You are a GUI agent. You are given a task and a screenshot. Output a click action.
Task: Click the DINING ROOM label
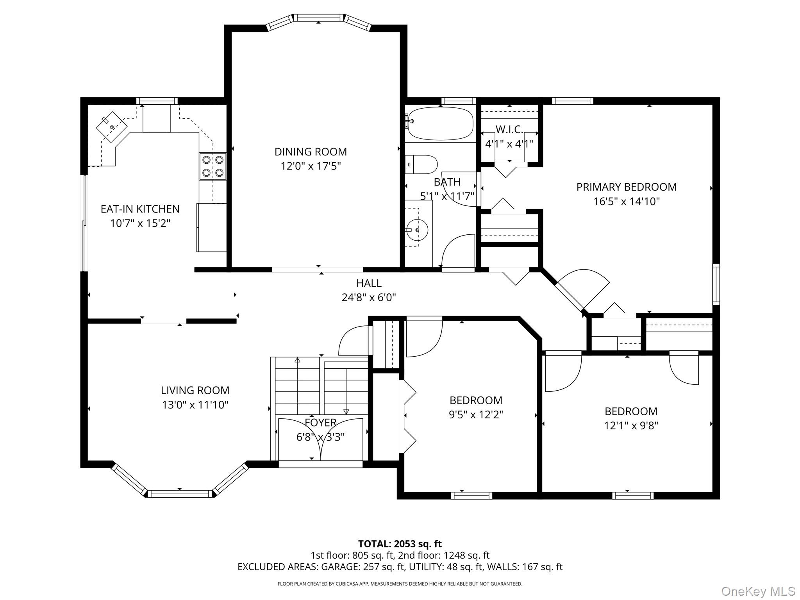(311, 152)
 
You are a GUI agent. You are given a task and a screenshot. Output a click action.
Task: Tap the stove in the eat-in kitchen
(213, 166)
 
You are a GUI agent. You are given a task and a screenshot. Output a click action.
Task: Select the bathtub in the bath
(440, 123)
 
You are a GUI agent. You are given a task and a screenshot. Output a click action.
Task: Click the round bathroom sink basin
(417, 230)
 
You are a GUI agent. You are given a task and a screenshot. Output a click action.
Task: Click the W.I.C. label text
(509, 130)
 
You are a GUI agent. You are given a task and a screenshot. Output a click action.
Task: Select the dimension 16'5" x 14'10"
(627, 202)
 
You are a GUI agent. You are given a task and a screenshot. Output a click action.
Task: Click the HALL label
(369, 283)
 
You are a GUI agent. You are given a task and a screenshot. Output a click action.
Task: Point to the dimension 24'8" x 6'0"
(369, 298)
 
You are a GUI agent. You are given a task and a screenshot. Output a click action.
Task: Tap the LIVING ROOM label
(195, 390)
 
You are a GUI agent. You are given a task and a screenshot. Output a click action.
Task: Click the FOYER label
(320, 423)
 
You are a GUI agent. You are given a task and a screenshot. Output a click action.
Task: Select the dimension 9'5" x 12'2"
(476, 414)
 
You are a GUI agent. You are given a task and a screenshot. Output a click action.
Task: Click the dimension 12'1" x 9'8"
(631, 425)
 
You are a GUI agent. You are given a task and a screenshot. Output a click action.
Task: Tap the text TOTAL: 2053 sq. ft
(400, 544)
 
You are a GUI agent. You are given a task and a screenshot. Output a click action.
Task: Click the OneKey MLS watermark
(758, 591)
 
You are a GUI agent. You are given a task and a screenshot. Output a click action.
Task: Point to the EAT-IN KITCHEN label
(140, 209)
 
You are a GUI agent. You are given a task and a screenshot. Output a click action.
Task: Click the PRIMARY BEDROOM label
(627, 187)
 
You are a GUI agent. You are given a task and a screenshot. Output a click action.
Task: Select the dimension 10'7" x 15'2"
(140, 223)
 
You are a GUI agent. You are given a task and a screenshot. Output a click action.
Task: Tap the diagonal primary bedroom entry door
(582, 289)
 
